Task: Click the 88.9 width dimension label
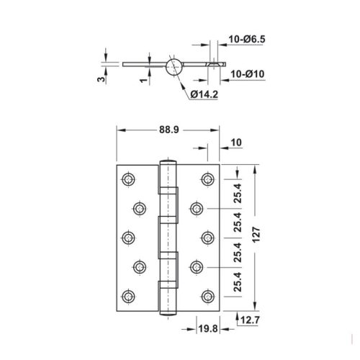tap(169, 130)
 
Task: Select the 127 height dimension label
tap(256, 235)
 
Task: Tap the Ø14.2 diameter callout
tap(204, 94)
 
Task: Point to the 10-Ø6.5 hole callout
tap(247, 39)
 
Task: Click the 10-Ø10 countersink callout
tap(248, 74)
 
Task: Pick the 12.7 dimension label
tap(250, 320)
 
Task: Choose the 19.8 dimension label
tap(208, 329)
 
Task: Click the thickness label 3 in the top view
tap(102, 79)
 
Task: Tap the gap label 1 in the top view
tap(144, 80)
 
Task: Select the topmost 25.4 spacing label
tap(238, 193)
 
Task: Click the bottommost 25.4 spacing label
tap(238, 282)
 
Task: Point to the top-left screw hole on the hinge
tap(128, 179)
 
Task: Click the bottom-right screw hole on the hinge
tap(208, 297)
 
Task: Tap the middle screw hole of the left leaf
tap(128, 238)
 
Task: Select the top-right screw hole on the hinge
tap(208, 179)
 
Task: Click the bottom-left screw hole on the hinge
tap(128, 297)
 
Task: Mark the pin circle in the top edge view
tap(174, 66)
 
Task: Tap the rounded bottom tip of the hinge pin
tap(168, 314)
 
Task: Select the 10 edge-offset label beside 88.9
tap(236, 143)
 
